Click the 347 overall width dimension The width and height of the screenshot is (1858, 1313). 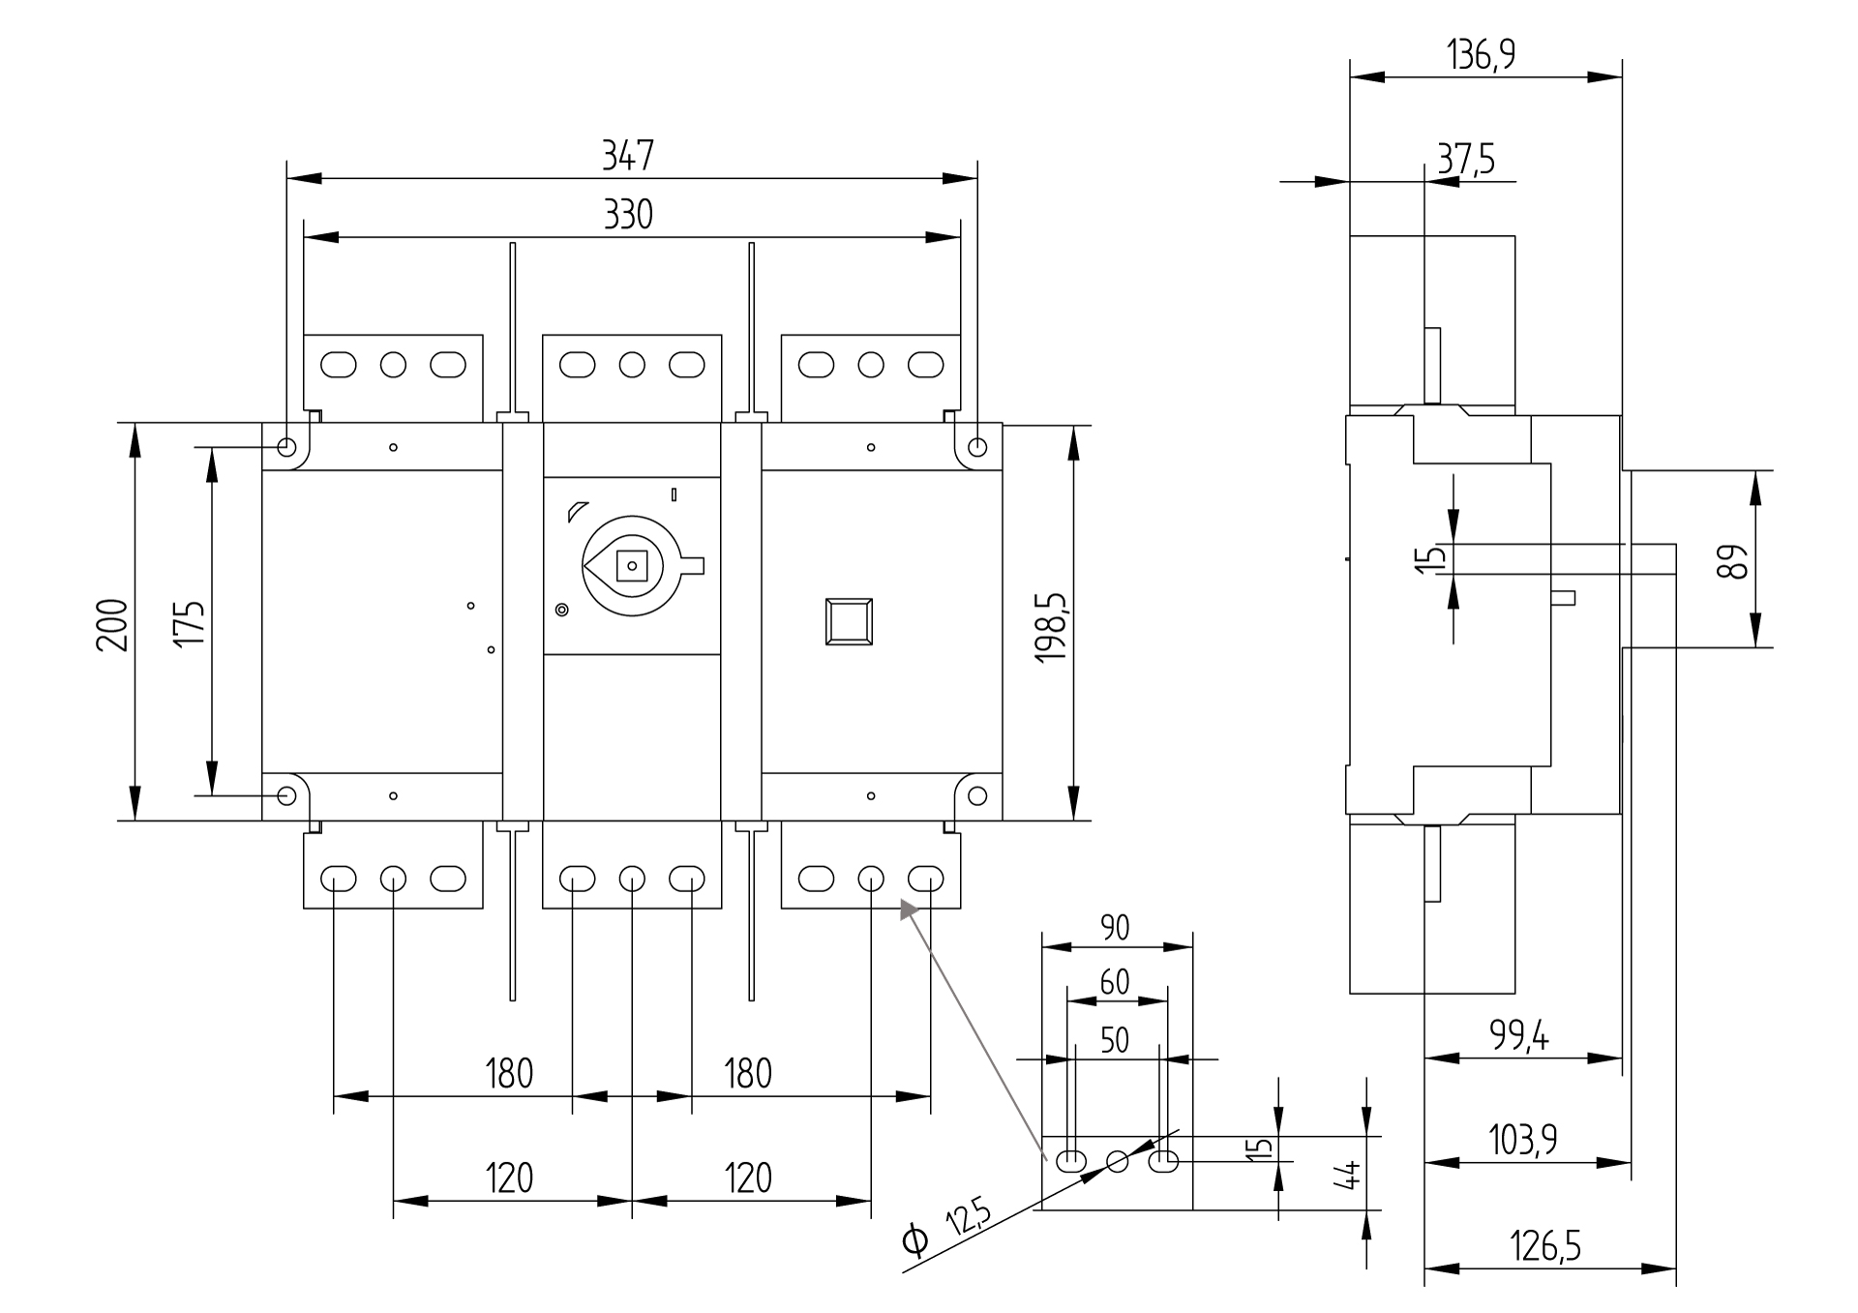[628, 155]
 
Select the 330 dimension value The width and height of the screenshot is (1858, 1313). [628, 214]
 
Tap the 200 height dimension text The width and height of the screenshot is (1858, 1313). [112, 624]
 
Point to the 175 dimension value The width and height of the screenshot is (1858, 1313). [190, 624]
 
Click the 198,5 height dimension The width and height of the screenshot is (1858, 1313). [1051, 627]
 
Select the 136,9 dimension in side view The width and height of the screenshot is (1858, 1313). [1482, 55]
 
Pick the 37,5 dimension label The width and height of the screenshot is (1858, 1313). [1465, 159]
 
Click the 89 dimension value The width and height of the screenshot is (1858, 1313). [1733, 561]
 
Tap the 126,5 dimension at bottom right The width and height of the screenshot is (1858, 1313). [1545, 1246]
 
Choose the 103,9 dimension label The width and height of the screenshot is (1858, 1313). [1522, 1141]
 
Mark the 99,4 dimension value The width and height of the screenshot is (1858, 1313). [1518, 1037]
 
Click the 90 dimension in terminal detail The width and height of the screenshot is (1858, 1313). [1115, 927]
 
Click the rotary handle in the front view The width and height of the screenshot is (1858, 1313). [631, 565]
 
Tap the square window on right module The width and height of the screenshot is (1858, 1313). [849, 621]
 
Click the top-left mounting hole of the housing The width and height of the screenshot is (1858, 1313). [286, 447]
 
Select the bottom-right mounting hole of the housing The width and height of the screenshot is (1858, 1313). [977, 795]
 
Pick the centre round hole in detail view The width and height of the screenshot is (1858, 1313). [1117, 1160]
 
